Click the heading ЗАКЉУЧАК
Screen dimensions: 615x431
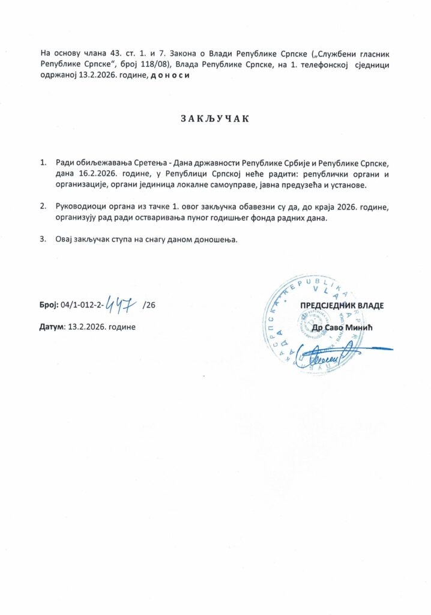pyautogui.click(x=215, y=118)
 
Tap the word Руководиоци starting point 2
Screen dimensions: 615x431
pyautogui.click(x=82, y=207)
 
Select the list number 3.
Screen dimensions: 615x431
pyautogui.click(x=43, y=240)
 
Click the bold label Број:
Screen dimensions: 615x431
pyautogui.click(x=49, y=305)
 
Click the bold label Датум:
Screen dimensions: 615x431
pyautogui.click(x=52, y=327)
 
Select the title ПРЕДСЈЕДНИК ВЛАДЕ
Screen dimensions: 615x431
pyautogui.click(x=342, y=306)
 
